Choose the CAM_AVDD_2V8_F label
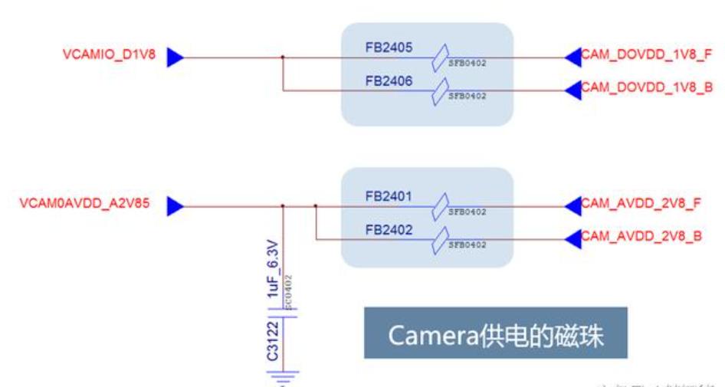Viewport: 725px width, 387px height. (641, 203)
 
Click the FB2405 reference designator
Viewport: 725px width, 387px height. (389, 48)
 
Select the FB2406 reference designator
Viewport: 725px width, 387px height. (389, 80)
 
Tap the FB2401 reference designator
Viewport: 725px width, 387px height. (389, 197)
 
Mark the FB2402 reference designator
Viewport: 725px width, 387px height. (389, 230)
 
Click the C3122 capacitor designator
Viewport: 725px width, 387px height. (273, 342)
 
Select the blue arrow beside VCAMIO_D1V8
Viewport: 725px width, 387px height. (175, 57)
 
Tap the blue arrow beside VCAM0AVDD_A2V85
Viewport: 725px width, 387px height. (175, 205)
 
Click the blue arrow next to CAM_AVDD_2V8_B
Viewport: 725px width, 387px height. (572, 239)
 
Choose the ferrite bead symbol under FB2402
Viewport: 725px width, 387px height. (440, 240)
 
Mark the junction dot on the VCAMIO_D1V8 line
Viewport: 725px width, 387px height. (283, 57)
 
